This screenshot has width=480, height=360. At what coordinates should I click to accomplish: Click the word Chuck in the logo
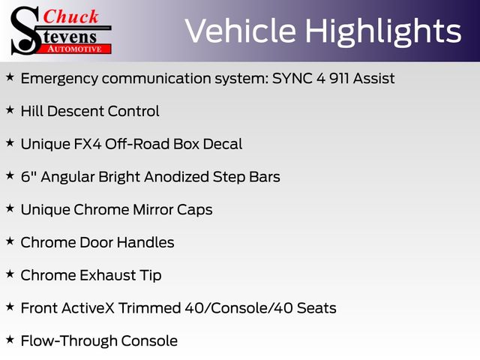coord(70,16)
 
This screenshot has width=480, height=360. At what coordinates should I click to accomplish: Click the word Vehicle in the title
coord(241,31)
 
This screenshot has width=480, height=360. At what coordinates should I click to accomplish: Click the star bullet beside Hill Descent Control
coord(10,110)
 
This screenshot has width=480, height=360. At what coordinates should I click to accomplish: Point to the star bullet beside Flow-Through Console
coord(10,340)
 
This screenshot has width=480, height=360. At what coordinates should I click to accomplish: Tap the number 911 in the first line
coord(339,78)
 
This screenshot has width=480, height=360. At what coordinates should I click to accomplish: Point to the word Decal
coord(223,144)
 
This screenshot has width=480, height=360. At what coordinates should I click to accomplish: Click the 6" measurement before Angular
coord(28,177)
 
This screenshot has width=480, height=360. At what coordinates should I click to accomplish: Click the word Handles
coord(145,242)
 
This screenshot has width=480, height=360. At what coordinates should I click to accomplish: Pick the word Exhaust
coord(108,275)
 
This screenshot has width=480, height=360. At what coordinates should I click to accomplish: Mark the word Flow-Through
coord(69,341)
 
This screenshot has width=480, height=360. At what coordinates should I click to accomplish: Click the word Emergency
coord(59,79)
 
